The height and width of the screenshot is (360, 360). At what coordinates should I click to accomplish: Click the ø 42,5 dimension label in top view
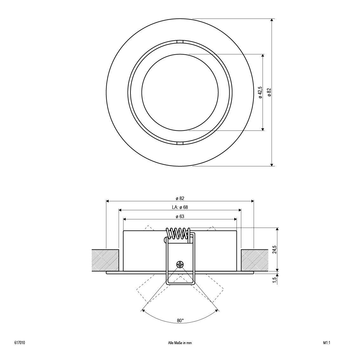pos(260,92)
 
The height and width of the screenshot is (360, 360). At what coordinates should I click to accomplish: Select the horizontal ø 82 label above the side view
pos(180,198)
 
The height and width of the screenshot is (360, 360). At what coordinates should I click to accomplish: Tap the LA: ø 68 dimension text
pos(180,207)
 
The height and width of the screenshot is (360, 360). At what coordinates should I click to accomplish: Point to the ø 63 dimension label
pos(180,217)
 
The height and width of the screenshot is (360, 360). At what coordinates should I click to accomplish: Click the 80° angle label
pos(180,321)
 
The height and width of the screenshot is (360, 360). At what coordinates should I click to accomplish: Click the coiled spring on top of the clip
pos(179,233)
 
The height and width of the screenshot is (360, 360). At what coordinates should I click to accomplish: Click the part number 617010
pos(20,343)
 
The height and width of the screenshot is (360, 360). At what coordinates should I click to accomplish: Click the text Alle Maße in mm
pos(180,343)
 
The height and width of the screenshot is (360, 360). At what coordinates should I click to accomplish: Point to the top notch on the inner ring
pos(180,42)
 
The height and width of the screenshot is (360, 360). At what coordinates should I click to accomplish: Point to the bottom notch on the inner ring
pos(180,143)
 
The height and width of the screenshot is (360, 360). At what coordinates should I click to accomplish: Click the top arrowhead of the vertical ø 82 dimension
pos(272,20)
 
